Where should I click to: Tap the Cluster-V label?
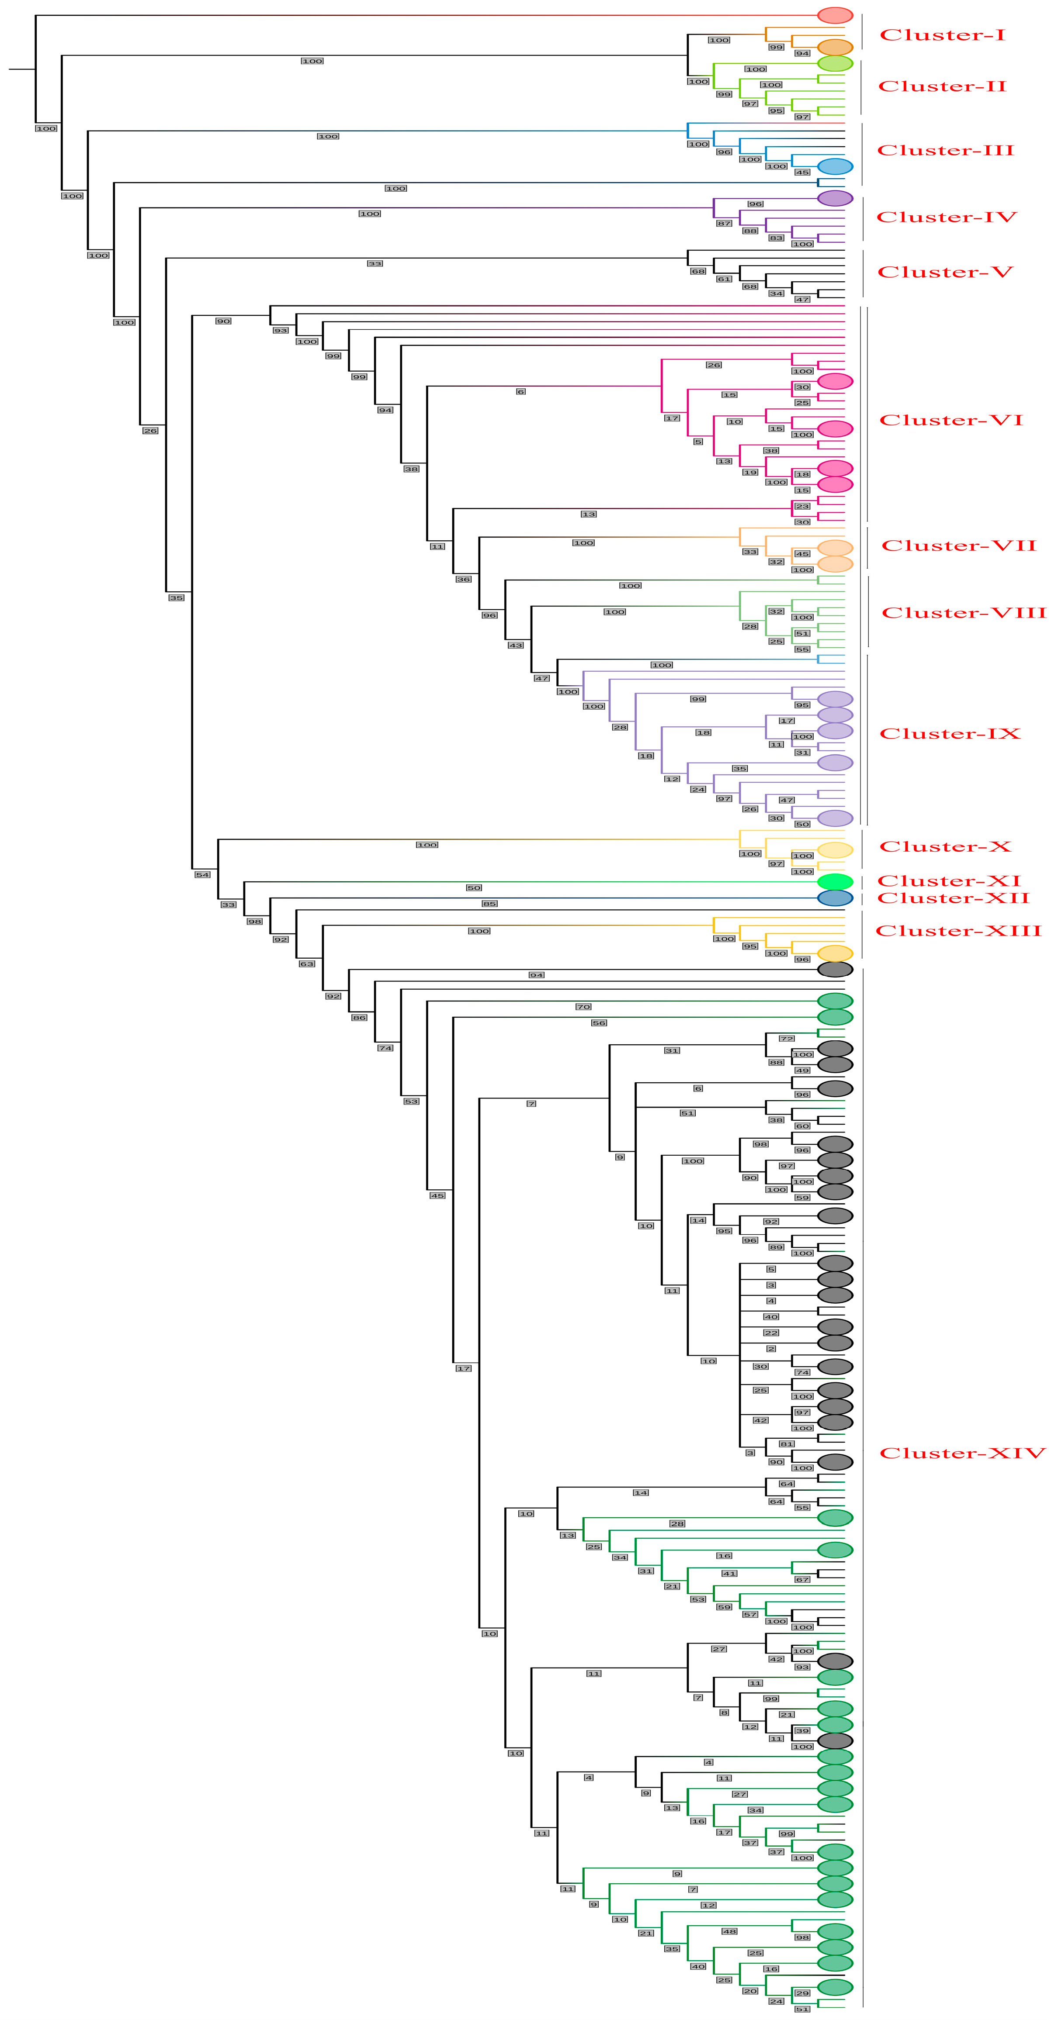pos(945,272)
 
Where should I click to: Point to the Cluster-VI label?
pos(950,420)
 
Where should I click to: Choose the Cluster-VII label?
pos(958,546)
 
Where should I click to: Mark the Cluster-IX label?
pos(949,734)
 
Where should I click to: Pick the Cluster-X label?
pos(945,847)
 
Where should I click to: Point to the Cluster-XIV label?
pos(962,1453)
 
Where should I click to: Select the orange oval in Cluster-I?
pos(835,47)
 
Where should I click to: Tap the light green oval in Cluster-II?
pos(835,63)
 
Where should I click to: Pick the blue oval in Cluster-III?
pos(835,166)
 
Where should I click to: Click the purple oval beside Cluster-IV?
pos(835,198)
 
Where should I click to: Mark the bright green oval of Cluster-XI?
pos(835,881)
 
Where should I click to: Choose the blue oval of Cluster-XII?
pos(835,898)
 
